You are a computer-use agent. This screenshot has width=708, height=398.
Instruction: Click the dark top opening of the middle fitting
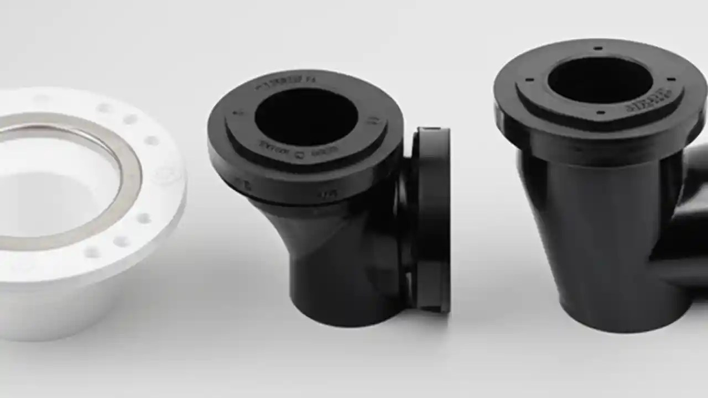(x=306, y=117)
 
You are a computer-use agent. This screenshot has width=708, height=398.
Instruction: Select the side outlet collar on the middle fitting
(x=432, y=221)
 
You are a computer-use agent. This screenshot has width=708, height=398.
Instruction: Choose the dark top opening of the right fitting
(x=600, y=80)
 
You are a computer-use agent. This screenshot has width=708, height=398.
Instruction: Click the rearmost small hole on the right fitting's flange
(x=598, y=49)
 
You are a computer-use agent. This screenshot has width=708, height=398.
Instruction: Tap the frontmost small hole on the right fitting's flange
(x=601, y=113)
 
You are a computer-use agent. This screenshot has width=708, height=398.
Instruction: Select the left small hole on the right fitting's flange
(x=529, y=80)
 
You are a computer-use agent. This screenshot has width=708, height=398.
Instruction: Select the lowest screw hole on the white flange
(x=92, y=253)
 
